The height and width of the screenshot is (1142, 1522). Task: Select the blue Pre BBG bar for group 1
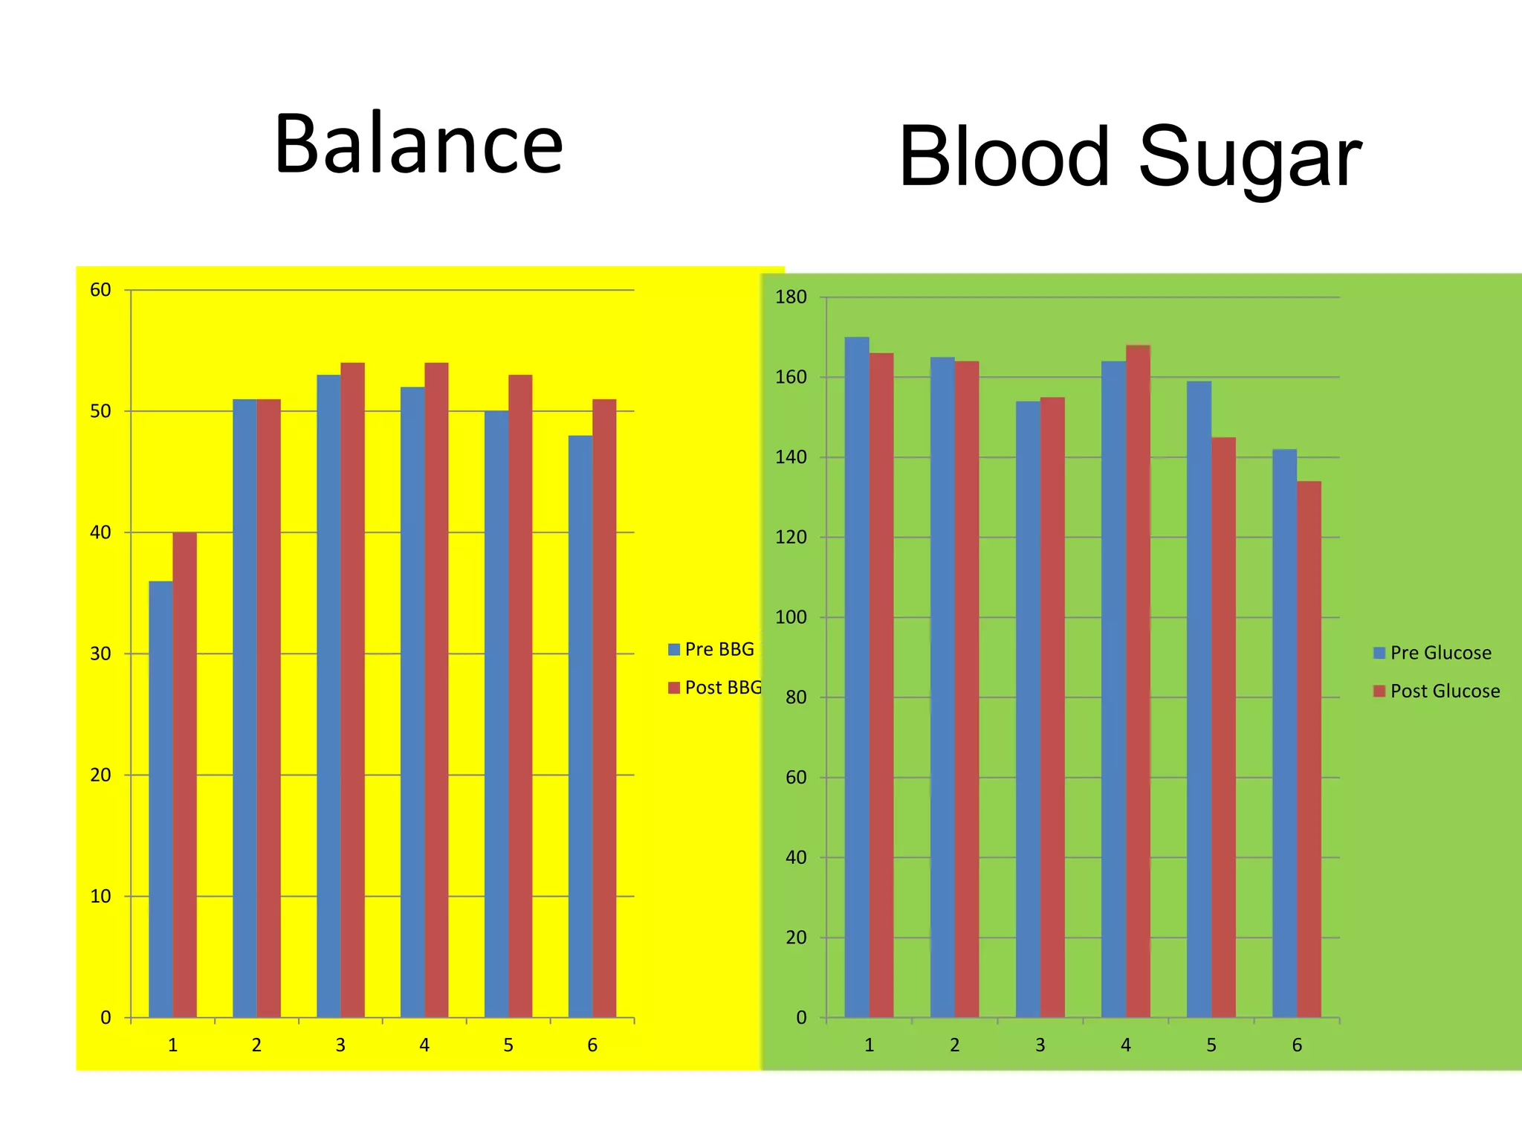[161, 799]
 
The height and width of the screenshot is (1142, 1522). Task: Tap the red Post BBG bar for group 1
[184, 775]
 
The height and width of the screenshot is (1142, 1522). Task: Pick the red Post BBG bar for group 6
[604, 708]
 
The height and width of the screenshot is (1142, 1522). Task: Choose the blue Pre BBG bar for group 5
[496, 714]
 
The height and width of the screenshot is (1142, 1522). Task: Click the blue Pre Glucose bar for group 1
[857, 677]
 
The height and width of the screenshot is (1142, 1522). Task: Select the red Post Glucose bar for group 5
[1223, 727]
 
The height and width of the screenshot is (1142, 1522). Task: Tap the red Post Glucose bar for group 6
[1309, 749]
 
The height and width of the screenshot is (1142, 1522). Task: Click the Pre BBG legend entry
[711, 650]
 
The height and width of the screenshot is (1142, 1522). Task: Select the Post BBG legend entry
[715, 688]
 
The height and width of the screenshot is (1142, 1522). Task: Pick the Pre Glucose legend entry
[1432, 653]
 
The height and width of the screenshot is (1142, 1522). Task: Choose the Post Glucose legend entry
[1436, 691]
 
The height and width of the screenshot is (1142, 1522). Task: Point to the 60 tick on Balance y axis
[100, 290]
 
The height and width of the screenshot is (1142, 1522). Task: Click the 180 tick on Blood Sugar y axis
[791, 297]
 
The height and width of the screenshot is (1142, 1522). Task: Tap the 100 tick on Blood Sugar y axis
[791, 617]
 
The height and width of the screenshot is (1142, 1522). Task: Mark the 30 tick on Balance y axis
[100, 654]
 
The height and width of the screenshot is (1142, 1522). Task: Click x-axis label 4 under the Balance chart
[424, 1045]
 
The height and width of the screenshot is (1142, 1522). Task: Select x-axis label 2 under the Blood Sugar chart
[954, 1045]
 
